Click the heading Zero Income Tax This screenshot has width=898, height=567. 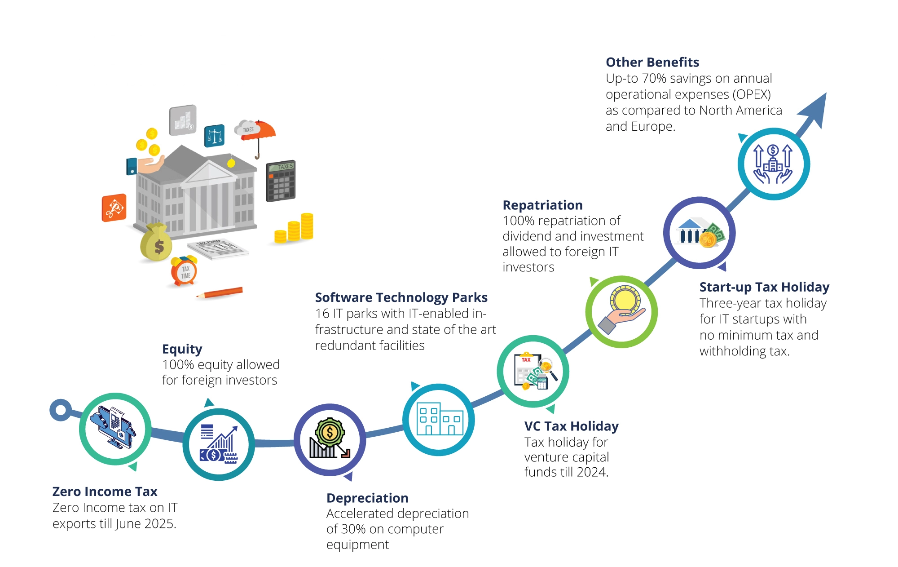click(x=105, y=492)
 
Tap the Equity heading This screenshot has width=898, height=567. click(x=182, y=349)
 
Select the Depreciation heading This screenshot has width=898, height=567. click(x=367, y=498)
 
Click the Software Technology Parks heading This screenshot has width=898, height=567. click(x=401, y=297)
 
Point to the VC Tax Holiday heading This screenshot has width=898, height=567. click(x=571, y=426)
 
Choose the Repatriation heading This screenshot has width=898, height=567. click(x=542, y=205)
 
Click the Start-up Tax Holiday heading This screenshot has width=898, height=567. click(x=764, y=287)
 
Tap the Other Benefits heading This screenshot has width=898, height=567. click(x=652, y=62)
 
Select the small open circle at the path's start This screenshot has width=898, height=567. click(x=61, y=410)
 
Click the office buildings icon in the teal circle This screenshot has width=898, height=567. click(x=439, y=420)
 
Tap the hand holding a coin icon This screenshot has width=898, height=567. click(x=622, y=311)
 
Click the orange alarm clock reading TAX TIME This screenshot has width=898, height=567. click(x=184, y=271)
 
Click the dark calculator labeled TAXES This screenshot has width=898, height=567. click(x=281, y=181)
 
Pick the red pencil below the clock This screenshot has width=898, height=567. click(x=220, y=292)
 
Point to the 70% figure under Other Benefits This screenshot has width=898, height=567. click(x=654, y=78)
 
